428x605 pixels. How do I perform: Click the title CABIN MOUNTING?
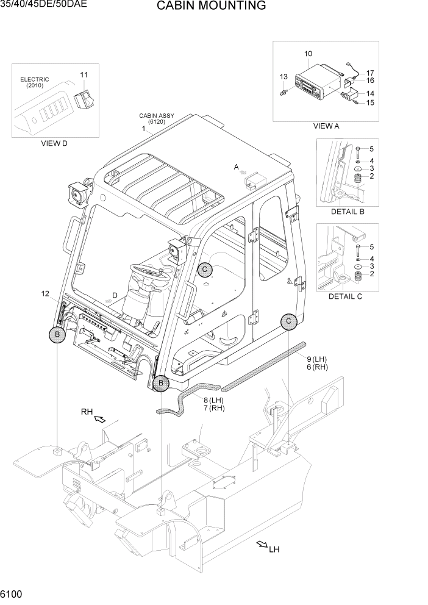point(211,7)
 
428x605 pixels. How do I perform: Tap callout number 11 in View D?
point(84,75)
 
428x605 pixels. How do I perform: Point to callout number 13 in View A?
point(284,77)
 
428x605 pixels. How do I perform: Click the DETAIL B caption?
point(347,212)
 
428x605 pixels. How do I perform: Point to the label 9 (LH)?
point(317,359)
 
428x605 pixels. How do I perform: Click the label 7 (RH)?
point(214,408)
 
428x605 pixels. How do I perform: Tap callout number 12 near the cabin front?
point(45,294)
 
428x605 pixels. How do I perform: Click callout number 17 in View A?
point(370,73)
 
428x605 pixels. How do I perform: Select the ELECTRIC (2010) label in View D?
point(35,82)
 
